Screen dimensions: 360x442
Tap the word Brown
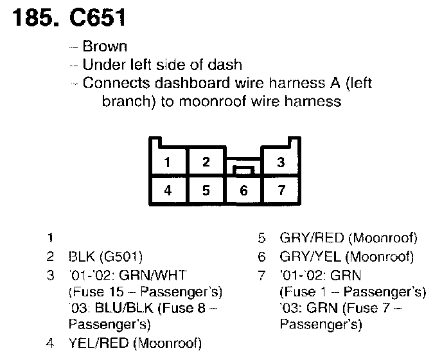click(105, 46)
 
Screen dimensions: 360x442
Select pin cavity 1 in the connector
click(167, 162)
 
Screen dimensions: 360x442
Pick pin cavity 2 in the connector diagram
click(206, 161)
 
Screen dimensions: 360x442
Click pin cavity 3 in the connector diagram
click(280, 162)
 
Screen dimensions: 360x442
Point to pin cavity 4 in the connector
click(167, 190)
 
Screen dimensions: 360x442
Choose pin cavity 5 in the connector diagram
click(206, 190)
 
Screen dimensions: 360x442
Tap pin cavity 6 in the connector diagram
click(243, 190)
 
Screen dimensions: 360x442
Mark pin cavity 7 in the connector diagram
click(280, 190)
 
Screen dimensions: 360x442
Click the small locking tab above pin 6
click(243, 170)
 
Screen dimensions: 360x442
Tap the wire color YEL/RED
click(94, 341)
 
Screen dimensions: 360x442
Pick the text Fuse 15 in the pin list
click(91, 291)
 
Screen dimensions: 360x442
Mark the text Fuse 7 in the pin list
click(372, 308)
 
